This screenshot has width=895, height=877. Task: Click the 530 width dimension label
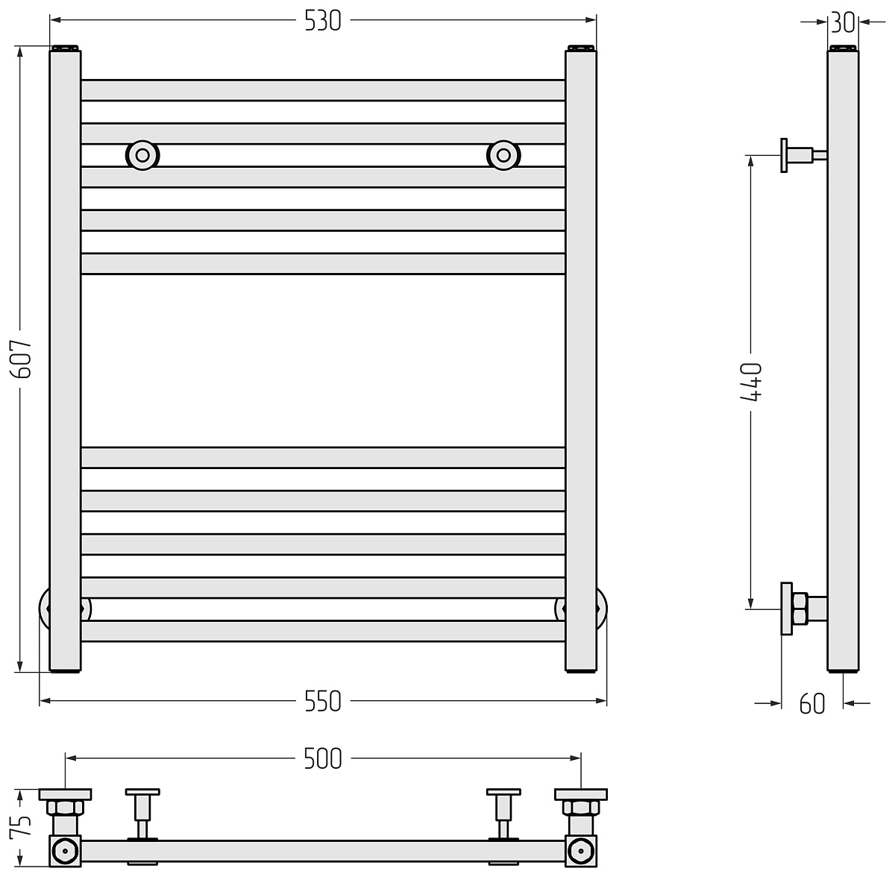tap(323, 21)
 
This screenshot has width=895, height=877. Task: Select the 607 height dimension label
tap(22, 359)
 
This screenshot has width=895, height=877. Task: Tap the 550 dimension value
tap(323, 702)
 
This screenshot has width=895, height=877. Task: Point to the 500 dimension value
tap(323, 759)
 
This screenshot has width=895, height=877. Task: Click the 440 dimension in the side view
tap(751, 383)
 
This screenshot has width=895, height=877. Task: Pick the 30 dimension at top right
tap(843, 22)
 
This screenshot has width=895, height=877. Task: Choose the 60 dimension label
tap(812, 704)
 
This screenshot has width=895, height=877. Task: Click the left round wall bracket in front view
tap(142, 155)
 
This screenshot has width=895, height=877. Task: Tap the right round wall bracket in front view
tap(503, 155)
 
